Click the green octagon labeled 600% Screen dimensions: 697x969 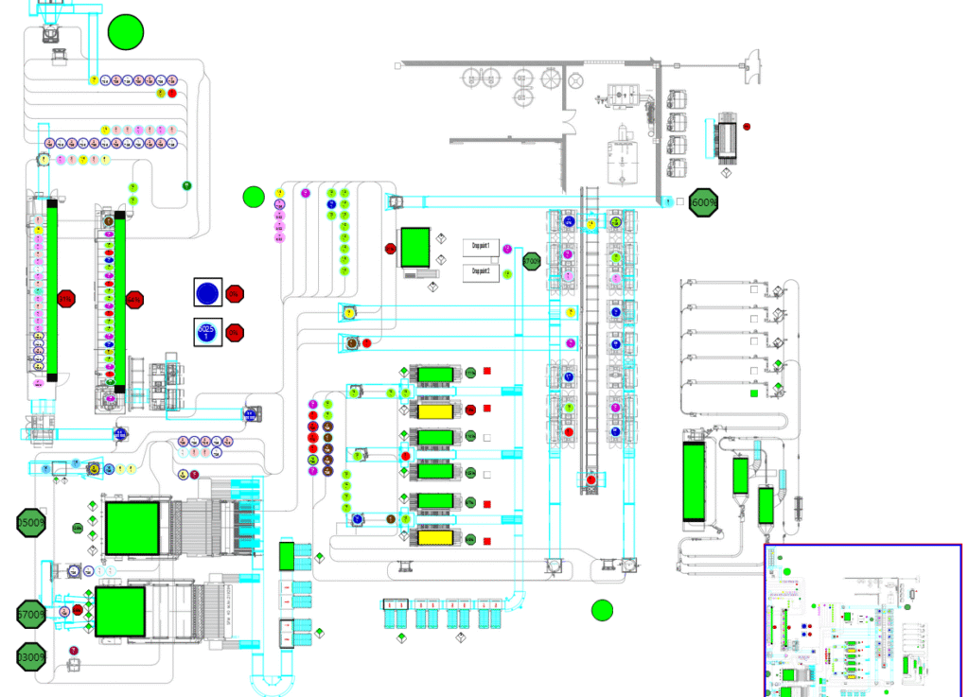coord(703,202)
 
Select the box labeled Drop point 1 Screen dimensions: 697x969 coord(481,247)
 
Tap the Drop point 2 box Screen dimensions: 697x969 coord(481,272)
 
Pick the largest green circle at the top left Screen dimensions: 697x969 coord(126,32)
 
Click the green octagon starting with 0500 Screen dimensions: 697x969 coord(31,522)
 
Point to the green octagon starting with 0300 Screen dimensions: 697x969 coord(31,656)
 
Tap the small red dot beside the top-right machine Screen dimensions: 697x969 coord(747,126)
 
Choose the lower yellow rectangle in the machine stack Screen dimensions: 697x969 coord(435,538)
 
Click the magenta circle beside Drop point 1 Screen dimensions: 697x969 coord(508,249)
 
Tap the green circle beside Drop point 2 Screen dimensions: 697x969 coord(508,274)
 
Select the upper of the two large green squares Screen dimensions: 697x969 coord(132,528)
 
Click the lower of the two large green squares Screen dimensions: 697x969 coord(119,611)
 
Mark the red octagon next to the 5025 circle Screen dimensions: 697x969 coord(235,333)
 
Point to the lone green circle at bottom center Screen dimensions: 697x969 coord(603,610)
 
